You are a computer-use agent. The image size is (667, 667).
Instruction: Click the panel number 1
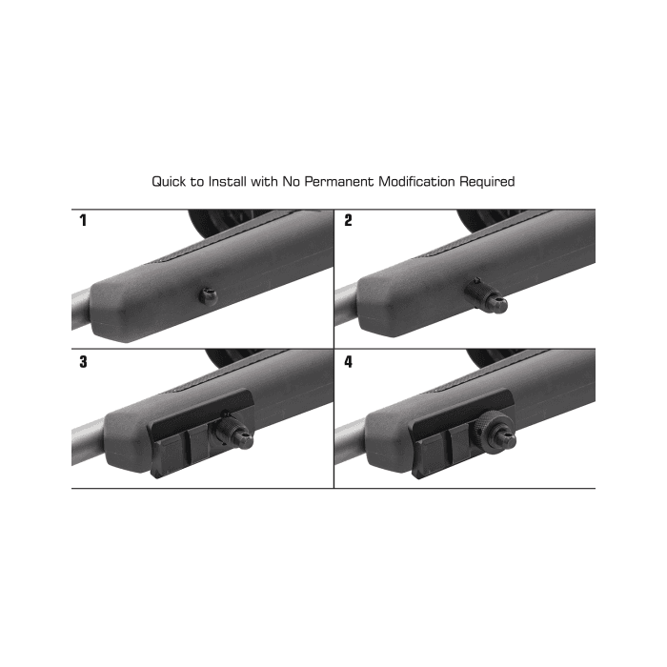click(x=83, y=220)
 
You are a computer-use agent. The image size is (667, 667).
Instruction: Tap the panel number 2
click(x=349, y=220)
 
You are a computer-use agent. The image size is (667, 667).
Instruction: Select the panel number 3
click(x=84, y=362)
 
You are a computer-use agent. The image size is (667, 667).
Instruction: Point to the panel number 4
click(x=349, y=362)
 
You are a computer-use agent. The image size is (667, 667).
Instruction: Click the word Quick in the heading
click(x=169, y=182)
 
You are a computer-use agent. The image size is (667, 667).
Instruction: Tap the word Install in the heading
click(x=227, y=182)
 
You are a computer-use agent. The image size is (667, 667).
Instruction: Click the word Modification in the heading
click(x=417, y=182)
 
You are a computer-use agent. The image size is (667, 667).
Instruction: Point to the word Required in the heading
click(x=487, y=182)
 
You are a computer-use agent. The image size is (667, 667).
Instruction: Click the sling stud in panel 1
click(x=209, y=296)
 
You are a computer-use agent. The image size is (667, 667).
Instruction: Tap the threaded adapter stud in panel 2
click(x=488, y=295)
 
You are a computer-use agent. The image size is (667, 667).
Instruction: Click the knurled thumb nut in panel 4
click(x=493, y=428)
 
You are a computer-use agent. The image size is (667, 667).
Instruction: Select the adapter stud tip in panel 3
click(x=245, y=440)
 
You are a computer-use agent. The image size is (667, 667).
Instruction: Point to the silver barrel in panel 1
click(x=81, y=309)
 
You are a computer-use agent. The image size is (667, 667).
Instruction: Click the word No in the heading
click(x=291, y=182)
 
